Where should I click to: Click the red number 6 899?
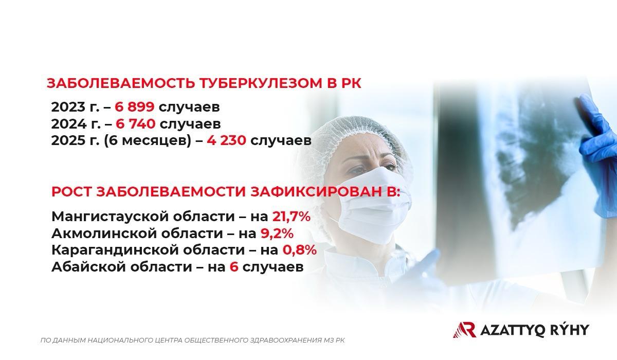134,107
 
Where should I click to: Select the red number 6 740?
135,124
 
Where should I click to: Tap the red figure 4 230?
226,141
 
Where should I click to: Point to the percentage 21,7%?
292,217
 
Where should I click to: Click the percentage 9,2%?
277,233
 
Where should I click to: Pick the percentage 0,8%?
299,250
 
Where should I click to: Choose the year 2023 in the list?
68,107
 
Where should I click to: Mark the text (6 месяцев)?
148,141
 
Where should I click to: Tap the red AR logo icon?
465,330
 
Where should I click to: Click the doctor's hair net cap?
355,138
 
